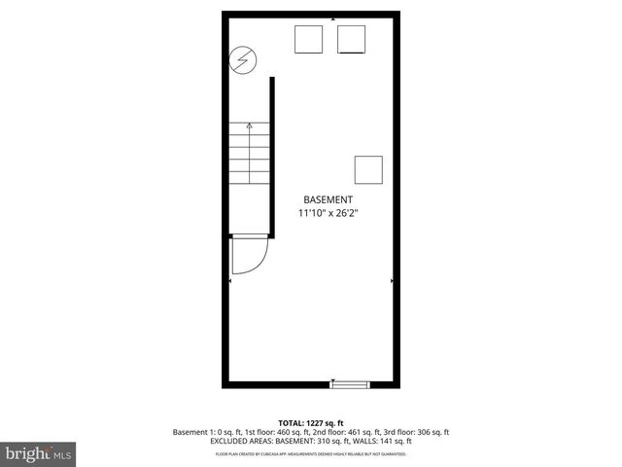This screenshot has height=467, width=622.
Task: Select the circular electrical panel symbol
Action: (x=241, y=60)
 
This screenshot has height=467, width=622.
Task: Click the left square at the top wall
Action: (x=309, y=39)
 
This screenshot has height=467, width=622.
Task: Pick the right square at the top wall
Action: (x=351, y=39)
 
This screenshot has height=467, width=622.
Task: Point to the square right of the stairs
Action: (x=368, y=169)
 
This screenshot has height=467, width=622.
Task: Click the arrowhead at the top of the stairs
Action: (x=251, y=125)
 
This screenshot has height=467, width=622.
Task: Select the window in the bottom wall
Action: (x=350, y=385)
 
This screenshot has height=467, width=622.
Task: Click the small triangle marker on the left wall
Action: (x=230, y=280)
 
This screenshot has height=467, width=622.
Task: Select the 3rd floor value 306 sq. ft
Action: (x=428, y=432)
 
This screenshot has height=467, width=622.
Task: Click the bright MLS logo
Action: (x=39, y=453)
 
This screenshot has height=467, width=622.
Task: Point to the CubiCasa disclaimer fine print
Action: (x=311, y=453)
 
